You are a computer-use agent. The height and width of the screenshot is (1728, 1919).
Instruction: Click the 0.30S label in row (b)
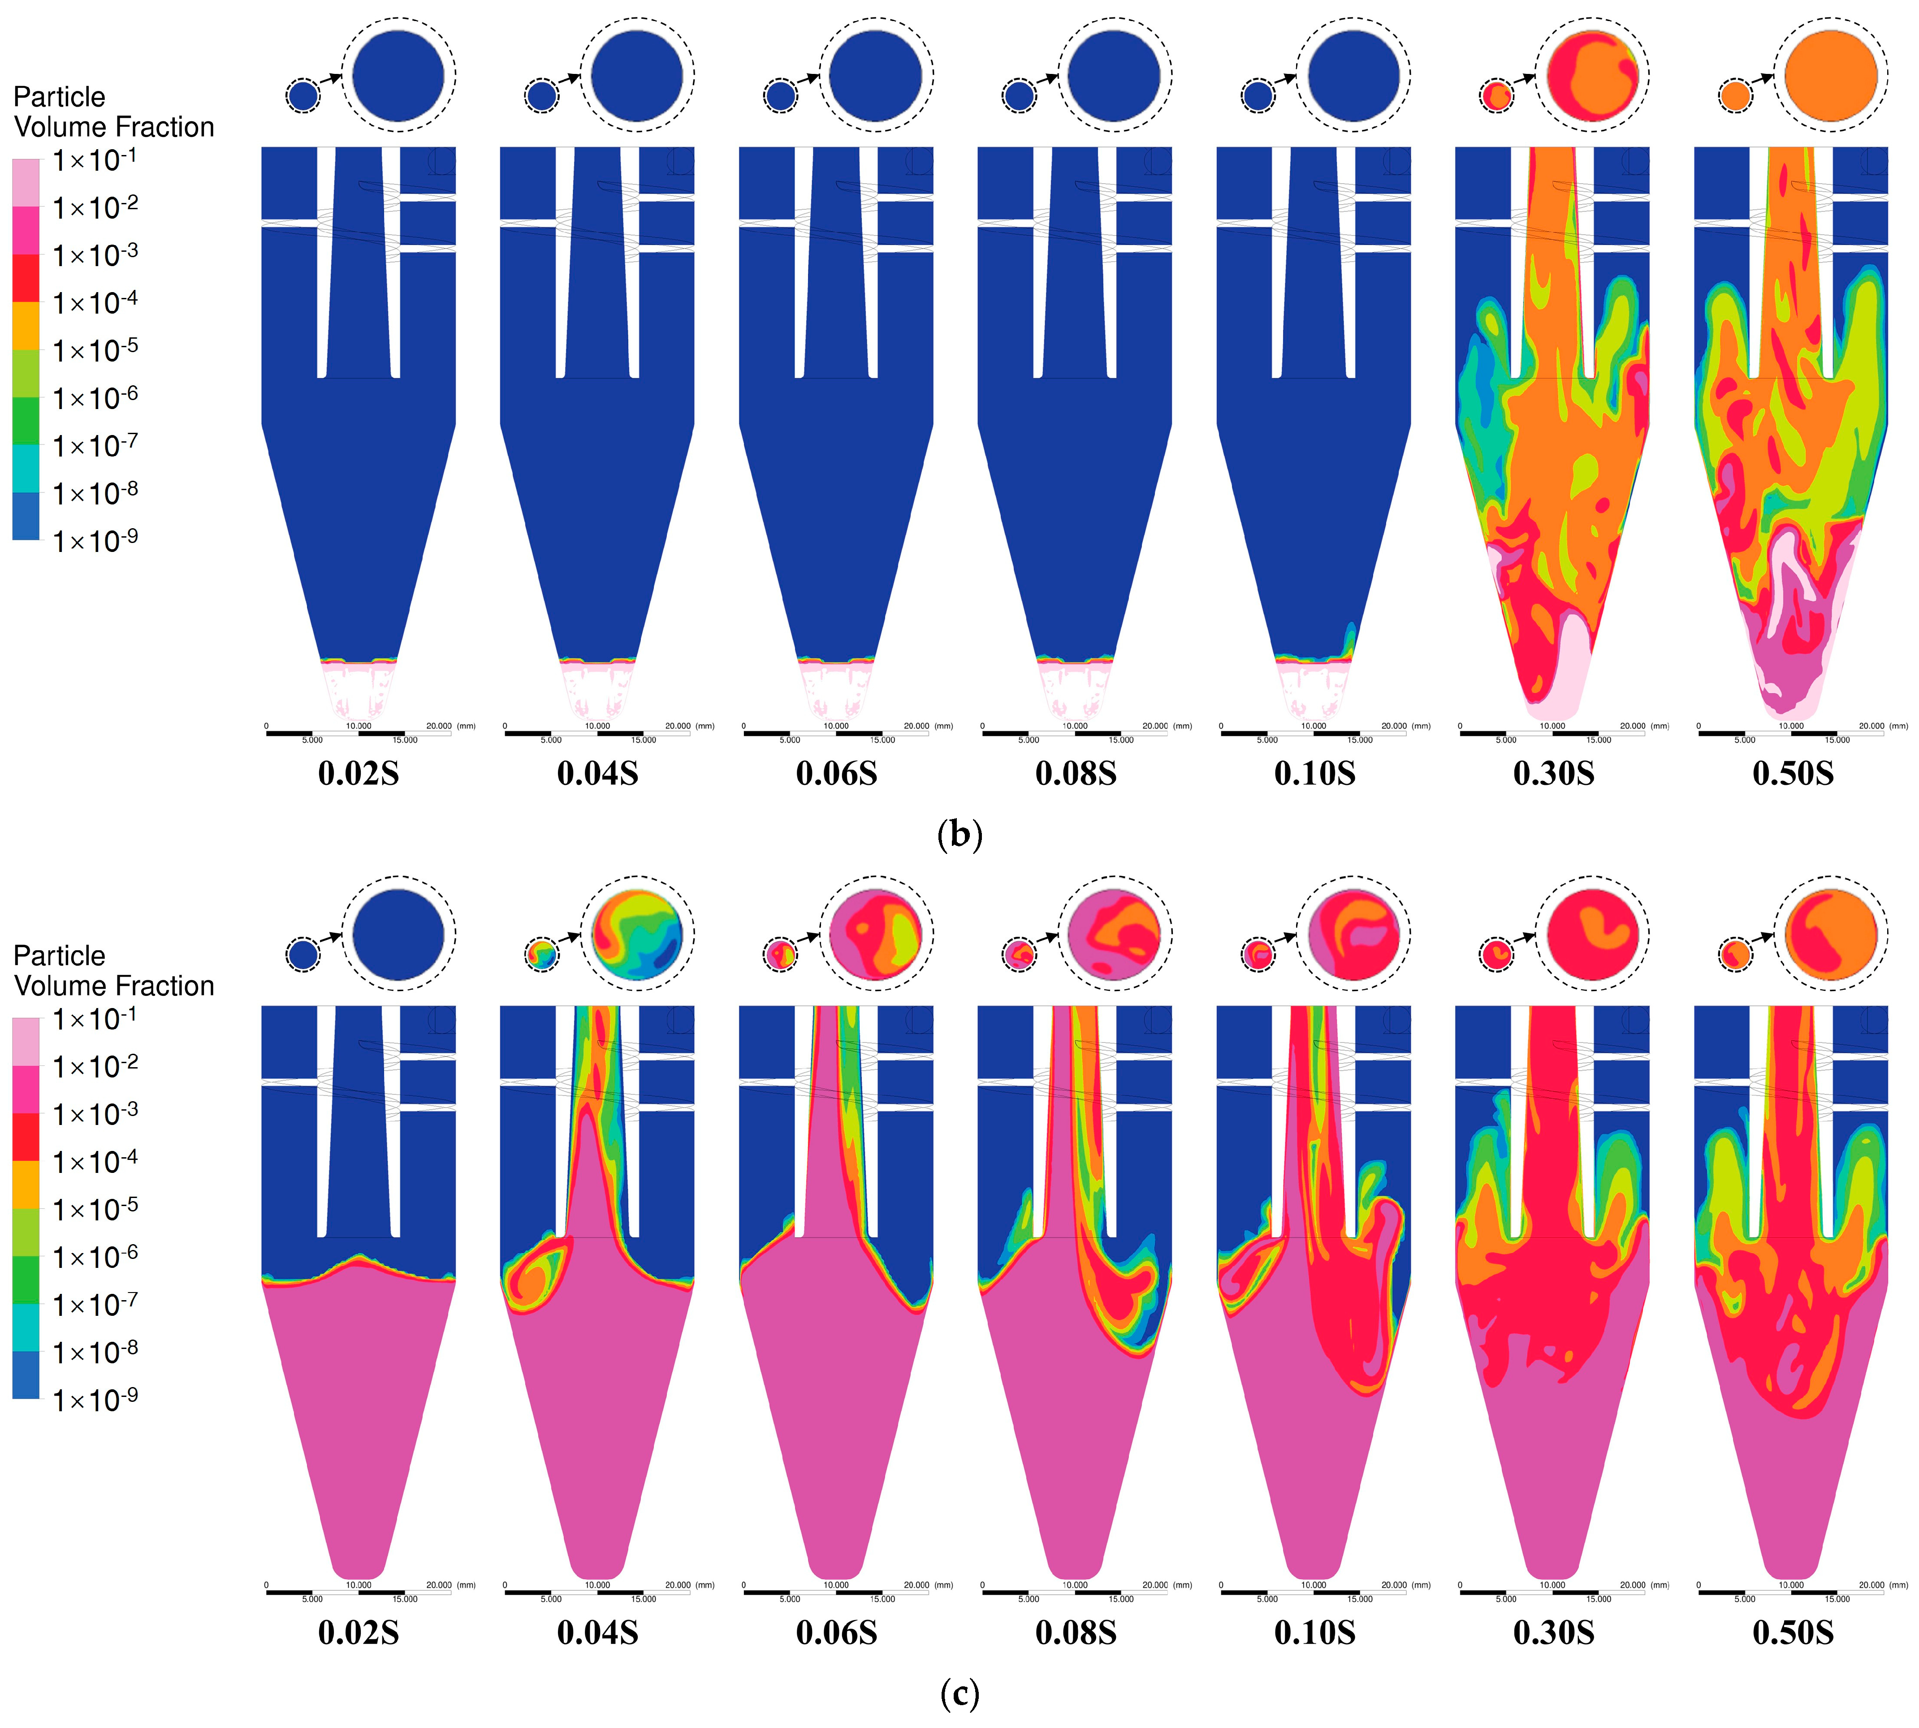[1553, 774]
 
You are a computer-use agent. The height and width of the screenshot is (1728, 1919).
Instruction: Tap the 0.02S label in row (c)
[358, 1633]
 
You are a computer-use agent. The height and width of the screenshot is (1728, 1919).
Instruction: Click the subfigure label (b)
[959, 835]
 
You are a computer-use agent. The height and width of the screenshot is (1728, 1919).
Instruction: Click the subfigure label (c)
[959, 1694]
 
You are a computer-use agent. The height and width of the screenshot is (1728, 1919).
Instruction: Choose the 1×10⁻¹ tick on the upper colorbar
[95, 159]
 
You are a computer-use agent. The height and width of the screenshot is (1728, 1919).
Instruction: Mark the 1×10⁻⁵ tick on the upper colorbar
[95, 350]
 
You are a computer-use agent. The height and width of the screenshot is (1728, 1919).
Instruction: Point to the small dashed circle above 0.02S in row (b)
[303, 96]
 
